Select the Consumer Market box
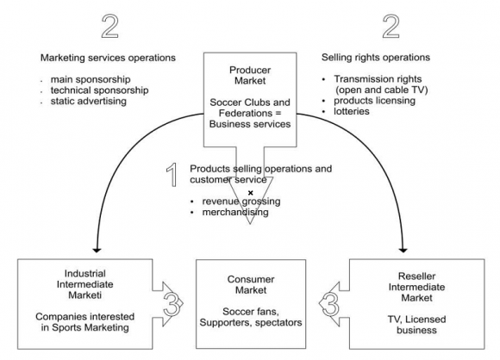[250, 303]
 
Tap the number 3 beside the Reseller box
[328, 303]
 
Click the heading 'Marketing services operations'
[109, 58]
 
